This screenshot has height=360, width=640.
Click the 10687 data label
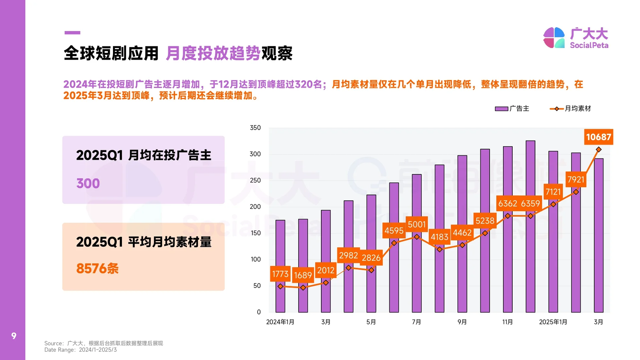click(x=598, y=137)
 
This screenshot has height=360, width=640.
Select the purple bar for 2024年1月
click(x=280, y=267)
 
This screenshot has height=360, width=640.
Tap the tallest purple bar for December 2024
click(x=530, y=227)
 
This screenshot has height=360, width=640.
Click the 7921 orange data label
click(x=576, y=180)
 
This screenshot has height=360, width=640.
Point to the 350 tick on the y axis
click(x=255, y=128)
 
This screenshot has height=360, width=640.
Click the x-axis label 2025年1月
click(x=553, y=322)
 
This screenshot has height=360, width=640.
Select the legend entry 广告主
click(x=513, y=109)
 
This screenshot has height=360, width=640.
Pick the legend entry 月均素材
click(x=571, y=109)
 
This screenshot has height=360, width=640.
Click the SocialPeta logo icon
click(x=554, y=38)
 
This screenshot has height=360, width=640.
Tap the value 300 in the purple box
click(x=88, y=183)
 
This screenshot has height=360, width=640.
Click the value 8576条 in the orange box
click(x=97, y=269)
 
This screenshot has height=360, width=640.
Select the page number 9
click(x=14, y=336)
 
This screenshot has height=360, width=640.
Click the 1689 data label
click(x=303, y=275)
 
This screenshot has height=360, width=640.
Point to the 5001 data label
click(x=417, y=225)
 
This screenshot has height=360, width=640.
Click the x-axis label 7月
click(x=416, y=322)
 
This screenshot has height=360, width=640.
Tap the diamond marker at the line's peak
click(x=599, y=150)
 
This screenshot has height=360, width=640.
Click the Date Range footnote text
click(x=81, y=350)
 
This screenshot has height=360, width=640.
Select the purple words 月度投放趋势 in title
click(x=213, y=53)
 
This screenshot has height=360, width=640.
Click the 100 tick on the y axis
click(x=256, y=259)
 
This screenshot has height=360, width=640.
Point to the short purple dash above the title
click(x=72, y=33)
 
